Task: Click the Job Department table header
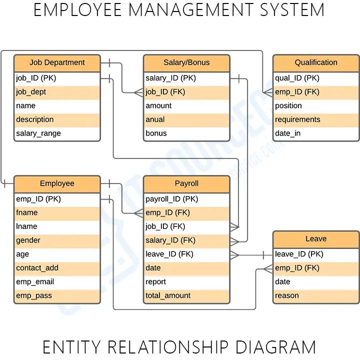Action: tap(57, 63)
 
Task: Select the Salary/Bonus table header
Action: tap(186, 63)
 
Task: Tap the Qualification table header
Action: tap(315, 63)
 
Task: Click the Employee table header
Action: tap(57, 184)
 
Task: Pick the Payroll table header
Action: tap(186, 184)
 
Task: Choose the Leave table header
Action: tap(315, 239)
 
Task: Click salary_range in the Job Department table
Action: tap(38, 133)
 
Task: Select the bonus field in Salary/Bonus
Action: tap(156, 133)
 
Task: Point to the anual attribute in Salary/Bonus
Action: tap(155, 119)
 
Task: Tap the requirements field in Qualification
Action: tap(297, 119)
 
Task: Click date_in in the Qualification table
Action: tap(288, 133)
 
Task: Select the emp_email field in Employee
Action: tap(35, 282)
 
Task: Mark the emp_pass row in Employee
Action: tap(34, 296)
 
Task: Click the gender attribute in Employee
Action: tap(28, 240)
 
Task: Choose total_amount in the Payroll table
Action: tap(168, 296)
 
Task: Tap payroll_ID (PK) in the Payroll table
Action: tap(171, 199)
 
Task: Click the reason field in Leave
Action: tap(287, 296)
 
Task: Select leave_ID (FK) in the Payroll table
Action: tap(169, 254)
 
